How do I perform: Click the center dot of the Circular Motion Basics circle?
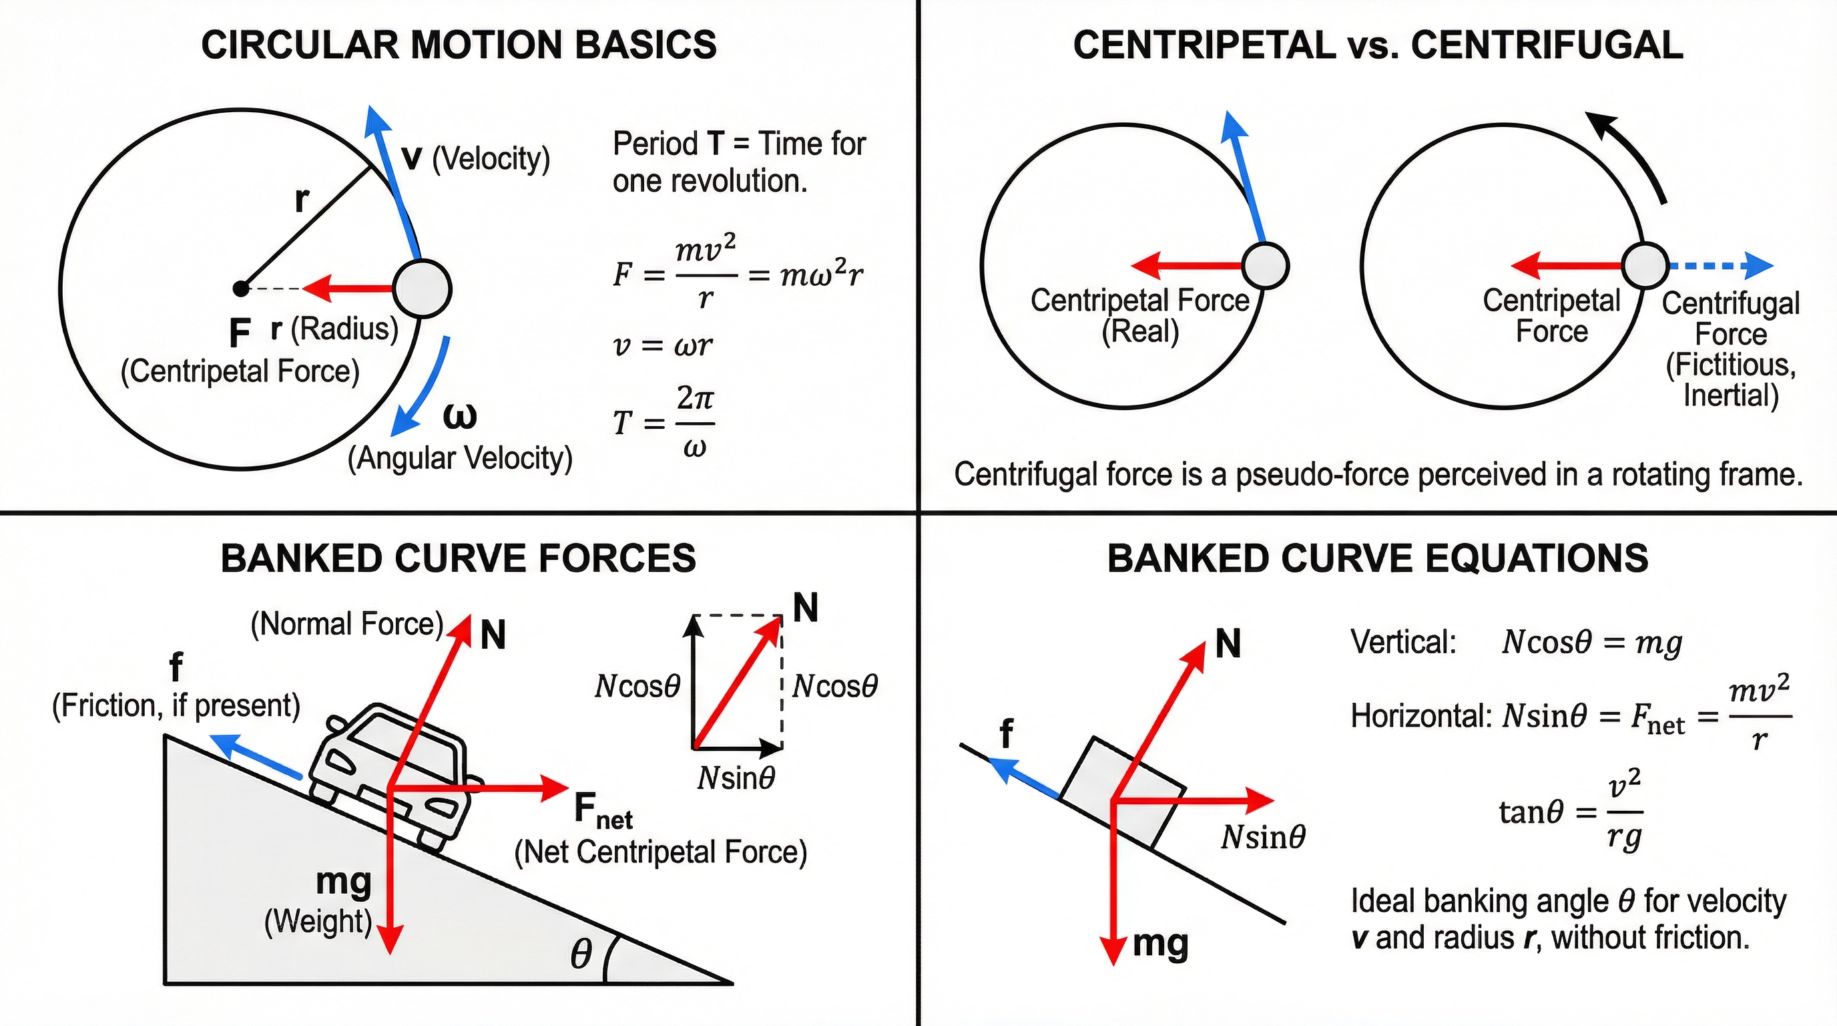241,289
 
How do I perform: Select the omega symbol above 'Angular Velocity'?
460,416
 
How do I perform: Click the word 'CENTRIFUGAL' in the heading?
1547,45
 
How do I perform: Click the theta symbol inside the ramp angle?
581,954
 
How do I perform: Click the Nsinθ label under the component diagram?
736,778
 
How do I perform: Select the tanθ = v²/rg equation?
1569,813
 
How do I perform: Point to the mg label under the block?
1160,944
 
